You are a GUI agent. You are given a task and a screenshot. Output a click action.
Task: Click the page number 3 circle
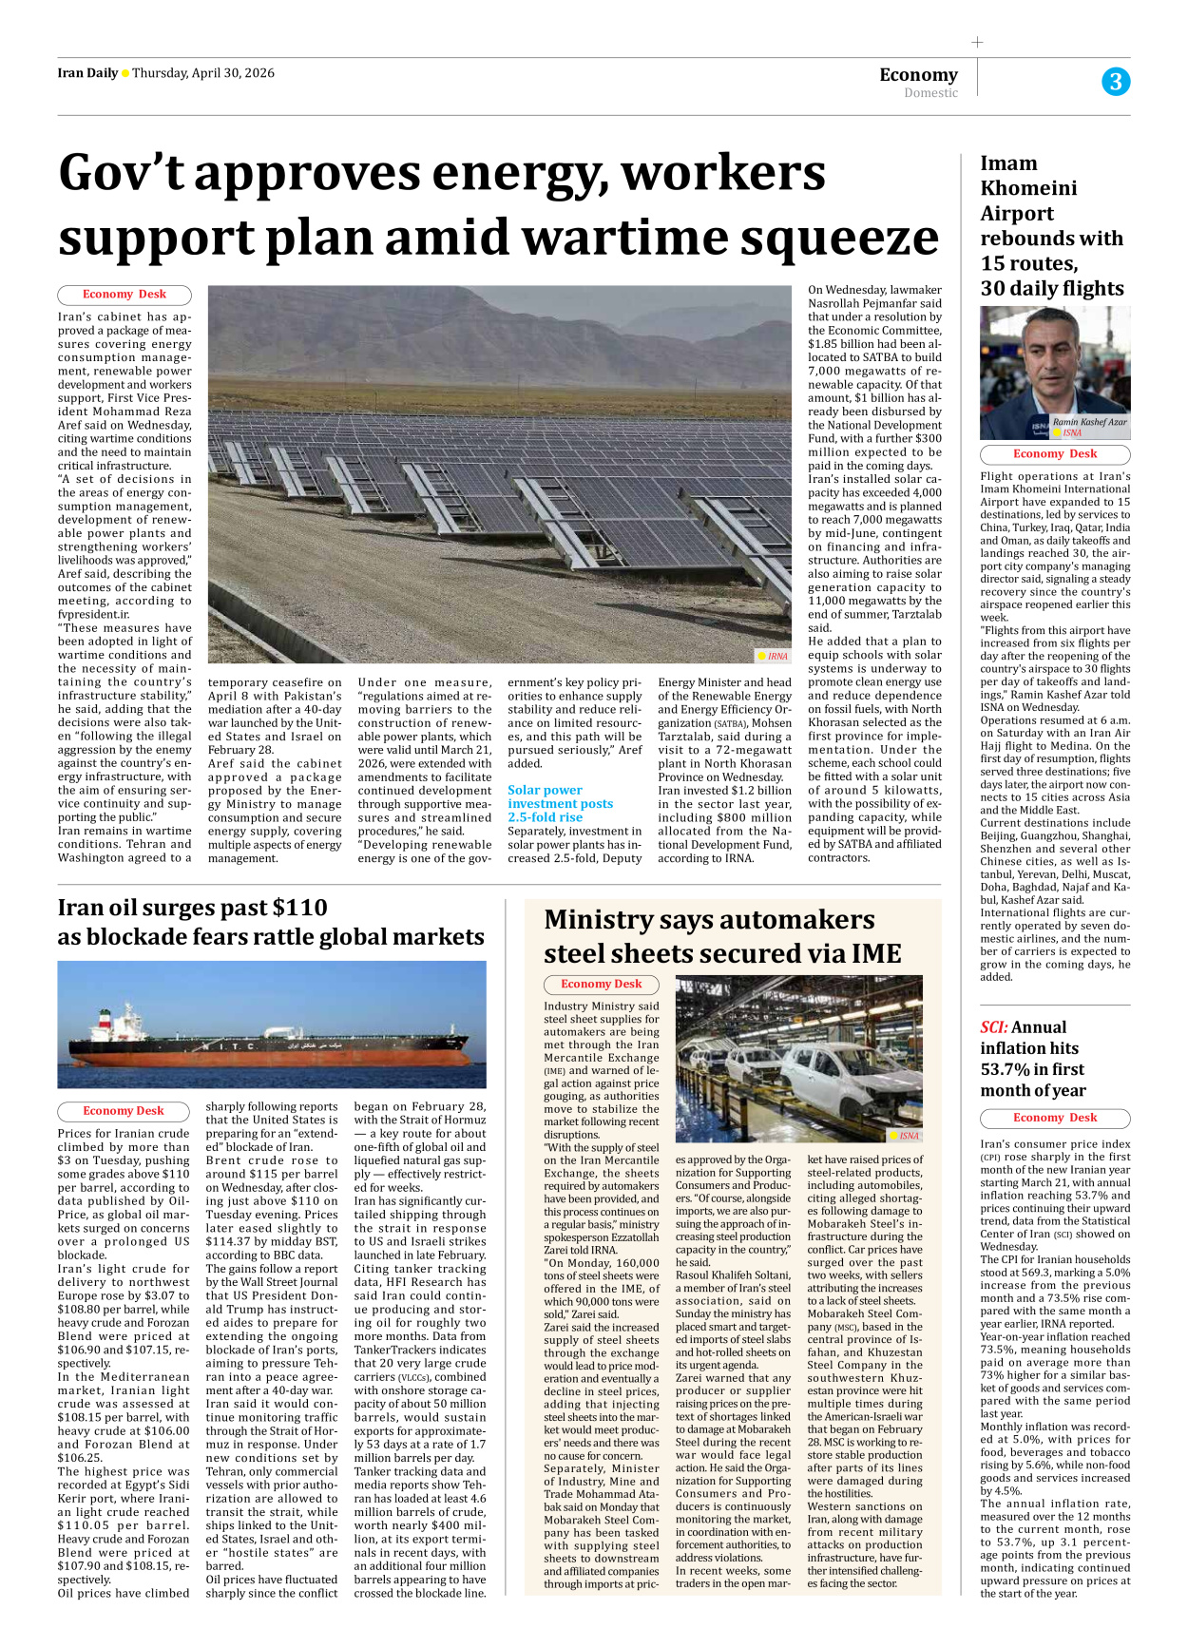(1116, 82)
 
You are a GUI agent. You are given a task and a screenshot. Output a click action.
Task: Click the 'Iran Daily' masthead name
(87, 73)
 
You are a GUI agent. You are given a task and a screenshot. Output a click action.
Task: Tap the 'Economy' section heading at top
(918, 74)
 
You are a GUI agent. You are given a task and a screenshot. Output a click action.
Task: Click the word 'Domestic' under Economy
(930, 93)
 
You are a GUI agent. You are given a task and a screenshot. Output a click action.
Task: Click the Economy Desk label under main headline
(125, 295)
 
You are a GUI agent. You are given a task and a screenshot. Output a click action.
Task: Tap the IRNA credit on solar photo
(774, 656)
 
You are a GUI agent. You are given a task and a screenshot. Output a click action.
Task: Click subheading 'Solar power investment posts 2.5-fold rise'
(560, 803)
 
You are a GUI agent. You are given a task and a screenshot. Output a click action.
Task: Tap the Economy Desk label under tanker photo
(124, 1110)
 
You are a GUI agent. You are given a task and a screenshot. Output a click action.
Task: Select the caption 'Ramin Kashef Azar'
(1089, 422)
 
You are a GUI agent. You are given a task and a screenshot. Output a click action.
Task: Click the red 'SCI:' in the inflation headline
(994, 1027)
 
